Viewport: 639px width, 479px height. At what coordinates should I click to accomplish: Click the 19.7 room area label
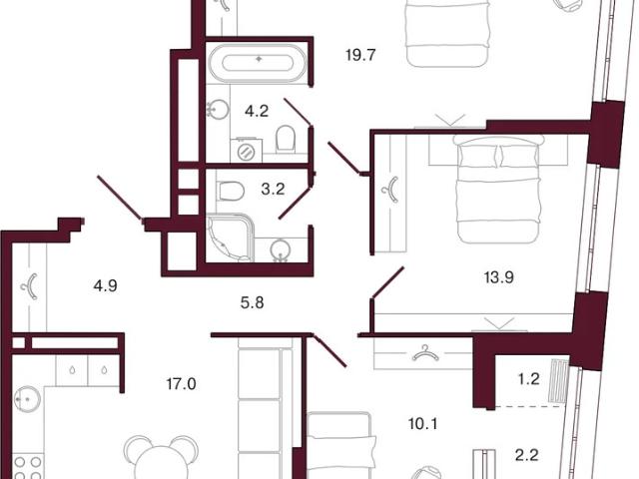(x=360, y=55)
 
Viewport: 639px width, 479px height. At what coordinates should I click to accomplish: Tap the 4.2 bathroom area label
(x=257, y=111)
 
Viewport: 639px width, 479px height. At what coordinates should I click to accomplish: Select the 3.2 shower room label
(x=273, y=189)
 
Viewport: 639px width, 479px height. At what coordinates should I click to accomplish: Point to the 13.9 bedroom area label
(x=499, y=277)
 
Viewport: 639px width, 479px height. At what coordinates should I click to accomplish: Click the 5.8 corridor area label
(x=253, y=302)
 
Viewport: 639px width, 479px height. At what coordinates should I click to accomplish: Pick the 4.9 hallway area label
(x=105, y=286)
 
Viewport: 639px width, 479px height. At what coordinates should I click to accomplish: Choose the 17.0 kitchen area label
(x=182, y=383)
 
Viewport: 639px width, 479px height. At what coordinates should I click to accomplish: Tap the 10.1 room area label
(x=423, y=424)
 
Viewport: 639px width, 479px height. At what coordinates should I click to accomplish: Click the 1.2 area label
(x=528, y=379)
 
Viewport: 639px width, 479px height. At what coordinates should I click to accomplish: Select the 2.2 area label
(x=527, y=455)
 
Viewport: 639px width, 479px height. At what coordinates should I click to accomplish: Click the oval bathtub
(x=258, y=63)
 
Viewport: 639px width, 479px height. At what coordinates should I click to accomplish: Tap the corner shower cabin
(x=231, y=239)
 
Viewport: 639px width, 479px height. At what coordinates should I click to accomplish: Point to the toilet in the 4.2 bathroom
(x=286, y=139)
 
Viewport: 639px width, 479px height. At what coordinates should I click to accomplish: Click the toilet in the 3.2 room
(x=231, y=191)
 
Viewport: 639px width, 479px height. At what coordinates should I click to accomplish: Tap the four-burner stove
(x=28, y=468)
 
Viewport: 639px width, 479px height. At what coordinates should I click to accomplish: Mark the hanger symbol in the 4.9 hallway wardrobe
(x=30, y=286)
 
